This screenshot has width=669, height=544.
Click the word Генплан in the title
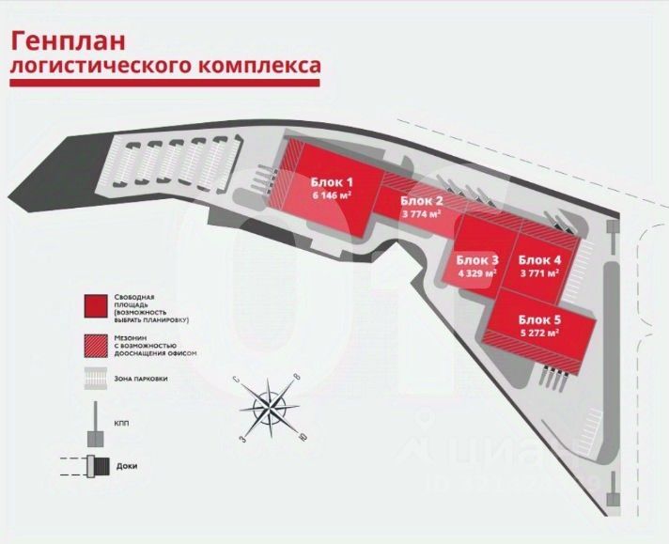pyautogui.click(x=67, y=40)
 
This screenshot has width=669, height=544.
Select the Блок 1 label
pyautogui.click(x=332, y=182)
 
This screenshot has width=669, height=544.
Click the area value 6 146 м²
pyautogui.click(x=332, y=196)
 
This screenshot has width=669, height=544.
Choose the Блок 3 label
pyautogui.click(x=477, y=259)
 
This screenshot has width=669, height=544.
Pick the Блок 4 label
pyautogui.click(x=539, y=259)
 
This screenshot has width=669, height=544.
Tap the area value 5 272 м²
pyautogui.click(x=539, y=332)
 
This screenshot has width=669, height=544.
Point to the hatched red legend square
pyautogui.click(x=95, y=344)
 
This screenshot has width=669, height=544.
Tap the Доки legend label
pyautogui.click(x=127, y=465)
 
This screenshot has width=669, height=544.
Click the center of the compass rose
pyautogui.click(x=272, y=405)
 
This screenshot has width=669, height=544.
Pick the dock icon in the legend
pyautogui.click(x=94, y=465)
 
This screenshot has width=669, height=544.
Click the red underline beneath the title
pyautogui.click(x=165, y=84)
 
